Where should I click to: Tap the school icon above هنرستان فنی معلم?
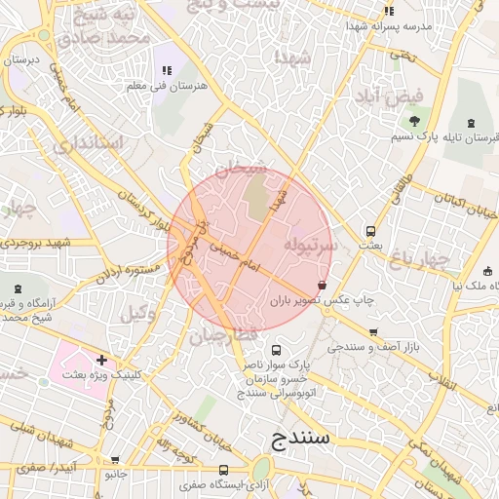coord(167,70)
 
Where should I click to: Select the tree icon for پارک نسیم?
coord(415,122)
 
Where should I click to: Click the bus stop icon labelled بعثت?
coord(370,231)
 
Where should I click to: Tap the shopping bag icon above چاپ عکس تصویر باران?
coord(322,285)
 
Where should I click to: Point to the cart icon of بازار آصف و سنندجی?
coord(371,331)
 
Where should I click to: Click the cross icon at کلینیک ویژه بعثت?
coord(101,360)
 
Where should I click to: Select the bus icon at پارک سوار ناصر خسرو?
coord(276,350)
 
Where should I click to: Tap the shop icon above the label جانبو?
coord(116,460)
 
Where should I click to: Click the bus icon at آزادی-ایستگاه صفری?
coord(224,470)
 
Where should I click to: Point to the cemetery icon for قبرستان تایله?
coord(472,123)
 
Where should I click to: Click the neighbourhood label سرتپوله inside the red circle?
coord(310,245)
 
